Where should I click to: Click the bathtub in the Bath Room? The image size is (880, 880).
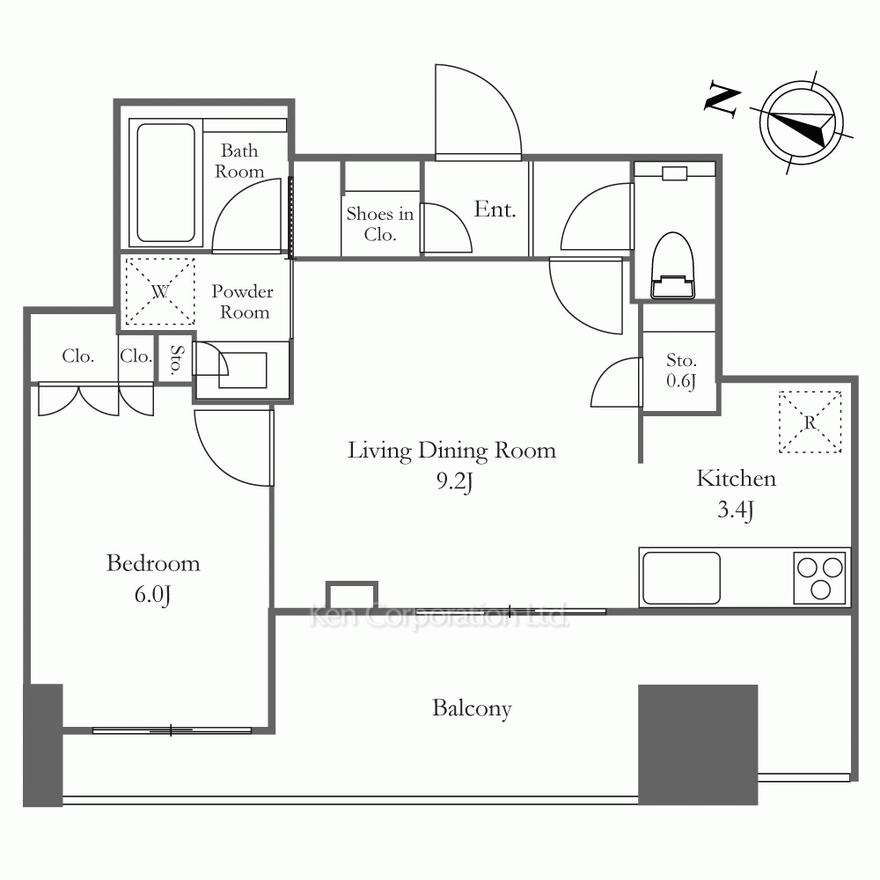tap(165, 182)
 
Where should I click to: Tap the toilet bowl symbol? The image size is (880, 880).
tap(672, 265)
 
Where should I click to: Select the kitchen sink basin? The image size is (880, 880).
tap(681, 578)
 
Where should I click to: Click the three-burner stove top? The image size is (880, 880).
tap(820, 578)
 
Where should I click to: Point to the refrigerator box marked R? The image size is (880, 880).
tap(810, 422)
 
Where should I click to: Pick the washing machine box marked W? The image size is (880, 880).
tap(160, 291)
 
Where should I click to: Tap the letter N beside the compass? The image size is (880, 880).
tap(722, 99)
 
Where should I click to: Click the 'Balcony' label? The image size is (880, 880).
tap(472, 708)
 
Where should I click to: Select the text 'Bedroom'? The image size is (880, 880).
tap(153, 563)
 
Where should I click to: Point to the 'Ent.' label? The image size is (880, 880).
tap(495, 209)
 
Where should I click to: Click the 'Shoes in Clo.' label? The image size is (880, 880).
tap(380, 224)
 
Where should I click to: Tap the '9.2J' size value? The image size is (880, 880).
tap(455, 481)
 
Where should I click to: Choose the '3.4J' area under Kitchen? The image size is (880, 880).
tap(735, 510)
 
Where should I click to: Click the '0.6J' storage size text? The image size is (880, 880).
tap(681, 381)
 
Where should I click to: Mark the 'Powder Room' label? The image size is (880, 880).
tap(243, 301)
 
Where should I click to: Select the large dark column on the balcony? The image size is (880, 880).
tap(698, 744)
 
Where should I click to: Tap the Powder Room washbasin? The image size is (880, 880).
tap(243, 370)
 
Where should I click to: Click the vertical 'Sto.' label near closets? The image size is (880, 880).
tap(176, 359)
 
